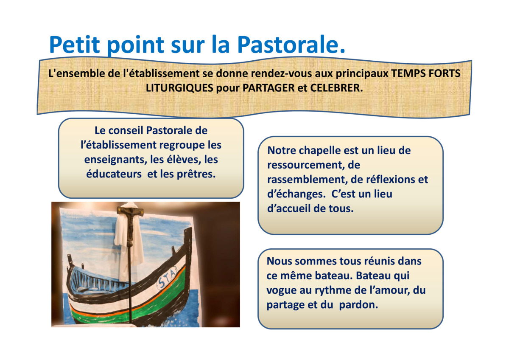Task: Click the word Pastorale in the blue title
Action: (x=291, y=44)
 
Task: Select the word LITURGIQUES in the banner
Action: (x=179, y=88)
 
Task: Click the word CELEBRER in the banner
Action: (x=336, y=88)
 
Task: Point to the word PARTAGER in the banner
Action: (x=268, y=88)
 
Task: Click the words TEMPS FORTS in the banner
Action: (x=425, y=73)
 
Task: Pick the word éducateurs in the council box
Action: (x=114, y=174)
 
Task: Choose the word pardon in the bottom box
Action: (x=358, y=305)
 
